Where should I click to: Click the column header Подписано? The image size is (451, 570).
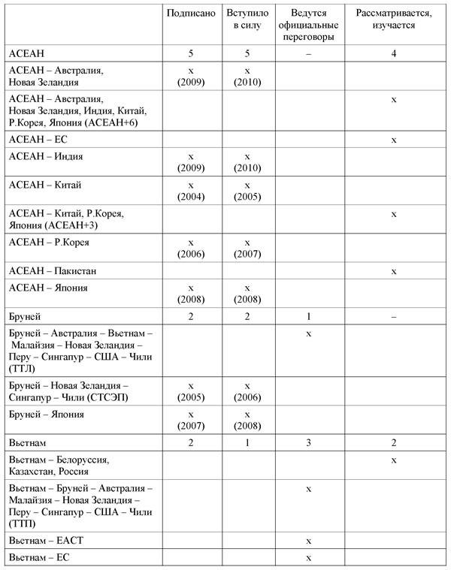[191, 14]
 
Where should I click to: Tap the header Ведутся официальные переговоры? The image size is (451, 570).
[309, 26]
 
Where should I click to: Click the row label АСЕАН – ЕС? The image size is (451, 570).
[36, 139]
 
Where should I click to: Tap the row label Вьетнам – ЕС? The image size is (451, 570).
[37, 556]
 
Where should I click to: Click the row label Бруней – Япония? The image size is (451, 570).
[46, 414]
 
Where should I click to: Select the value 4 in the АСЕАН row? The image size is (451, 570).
[394, 53]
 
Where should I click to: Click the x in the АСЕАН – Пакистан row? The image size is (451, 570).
[394, 268]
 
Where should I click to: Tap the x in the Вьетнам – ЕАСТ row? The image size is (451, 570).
[309, 539]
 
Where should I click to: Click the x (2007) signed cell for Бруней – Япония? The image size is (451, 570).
[191, 419]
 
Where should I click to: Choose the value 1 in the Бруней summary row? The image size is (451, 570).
[309, 315]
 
